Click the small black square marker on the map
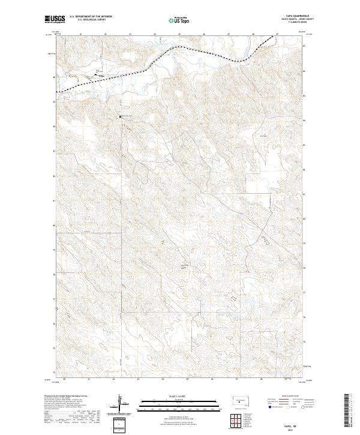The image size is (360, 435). (x=120, y=116)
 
